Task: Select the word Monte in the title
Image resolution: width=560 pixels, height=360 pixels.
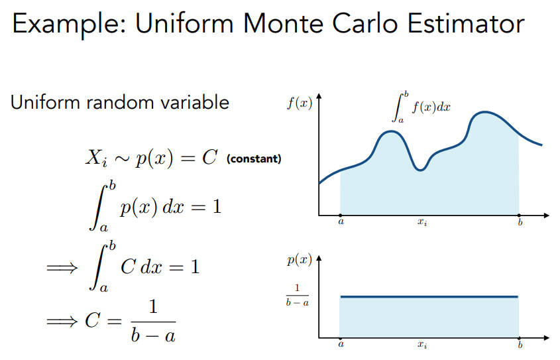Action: point(283,24)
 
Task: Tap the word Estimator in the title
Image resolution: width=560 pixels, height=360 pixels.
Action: point(466,24)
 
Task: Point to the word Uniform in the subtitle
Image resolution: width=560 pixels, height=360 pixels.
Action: point(45,102)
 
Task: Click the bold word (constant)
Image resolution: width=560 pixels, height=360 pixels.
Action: point(254,158)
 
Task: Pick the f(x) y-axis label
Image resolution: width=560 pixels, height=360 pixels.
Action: point(300,103)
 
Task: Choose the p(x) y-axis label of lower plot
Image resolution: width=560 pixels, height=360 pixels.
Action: point(300,260)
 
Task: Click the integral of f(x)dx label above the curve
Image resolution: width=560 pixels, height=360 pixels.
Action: point(421,107)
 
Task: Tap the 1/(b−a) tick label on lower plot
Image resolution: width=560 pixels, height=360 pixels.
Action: point(297,295)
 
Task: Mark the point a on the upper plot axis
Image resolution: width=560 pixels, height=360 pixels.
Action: point(341,215)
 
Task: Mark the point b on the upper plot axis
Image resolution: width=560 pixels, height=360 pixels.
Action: point(519,215)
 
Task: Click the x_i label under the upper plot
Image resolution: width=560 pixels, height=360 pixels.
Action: point(423,222)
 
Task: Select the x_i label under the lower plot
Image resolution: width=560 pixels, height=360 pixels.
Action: point(423,345)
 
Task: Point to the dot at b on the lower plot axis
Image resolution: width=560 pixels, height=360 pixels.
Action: point(519,338)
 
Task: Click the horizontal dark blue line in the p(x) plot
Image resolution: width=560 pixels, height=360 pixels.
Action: point(429,296)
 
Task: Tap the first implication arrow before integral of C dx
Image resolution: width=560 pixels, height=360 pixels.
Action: point(62,267)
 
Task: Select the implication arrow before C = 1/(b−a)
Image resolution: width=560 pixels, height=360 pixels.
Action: point(62,322)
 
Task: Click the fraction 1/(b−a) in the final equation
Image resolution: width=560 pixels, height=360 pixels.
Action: point(153,321)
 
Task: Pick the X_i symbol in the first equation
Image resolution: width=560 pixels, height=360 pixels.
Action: point(96,157)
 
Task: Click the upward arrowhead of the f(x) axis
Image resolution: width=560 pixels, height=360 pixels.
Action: point(319,95)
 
